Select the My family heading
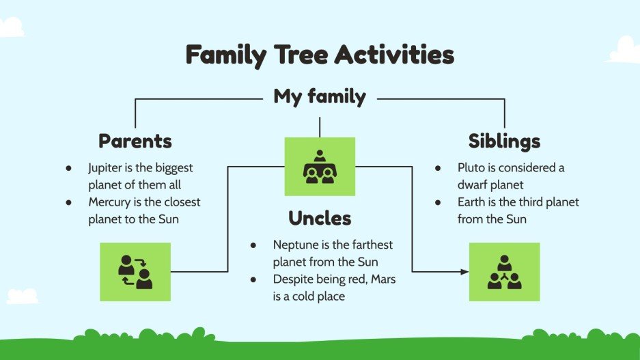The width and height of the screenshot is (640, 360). pyautogui.click(x=320, y=96)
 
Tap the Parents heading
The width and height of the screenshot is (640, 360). pyautogui.click(x=135, y=141)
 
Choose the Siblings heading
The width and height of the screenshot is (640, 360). pyautogui.click(x=504, y=141)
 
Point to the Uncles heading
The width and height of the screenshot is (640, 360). pyautogui.click(x=320, y=219)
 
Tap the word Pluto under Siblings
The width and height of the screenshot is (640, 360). pyautogui.click(x=471, y=167)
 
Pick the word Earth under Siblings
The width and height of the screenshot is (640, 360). pyautogui.click(x=471, y=202)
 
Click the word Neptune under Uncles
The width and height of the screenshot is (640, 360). pyautogui.click(x=294, y=245)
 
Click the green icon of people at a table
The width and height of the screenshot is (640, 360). pyautogui.click(x=320, y=167)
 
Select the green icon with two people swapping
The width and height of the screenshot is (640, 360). pyautogui.click(x=135, y=271)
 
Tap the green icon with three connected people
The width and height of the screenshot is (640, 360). pyautogui.click(x=504, y=271)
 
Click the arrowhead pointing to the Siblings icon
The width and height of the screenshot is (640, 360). pyautogui.click(x=464, y=272)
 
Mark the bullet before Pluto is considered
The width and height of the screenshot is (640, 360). pyautogui.click(x=437, y=168)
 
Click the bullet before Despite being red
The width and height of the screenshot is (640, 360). pyautogui.click(x=253, y=280)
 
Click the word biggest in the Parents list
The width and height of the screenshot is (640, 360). pyautogui.click(x=173, y=167)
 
